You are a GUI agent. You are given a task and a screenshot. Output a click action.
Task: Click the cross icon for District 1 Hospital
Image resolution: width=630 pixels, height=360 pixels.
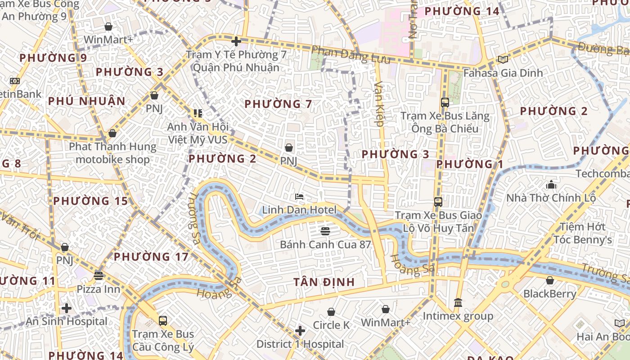click(300, 331)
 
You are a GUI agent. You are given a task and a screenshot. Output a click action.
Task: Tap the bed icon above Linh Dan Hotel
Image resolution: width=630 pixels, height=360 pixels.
click(299, 196)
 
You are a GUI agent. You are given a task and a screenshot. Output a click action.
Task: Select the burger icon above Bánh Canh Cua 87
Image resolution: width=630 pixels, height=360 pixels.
click(325, 231)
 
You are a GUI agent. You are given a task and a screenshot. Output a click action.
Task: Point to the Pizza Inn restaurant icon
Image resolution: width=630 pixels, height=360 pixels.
click(99, 275)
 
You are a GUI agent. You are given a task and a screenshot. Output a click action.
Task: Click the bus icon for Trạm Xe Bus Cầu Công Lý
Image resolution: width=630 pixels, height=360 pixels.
click(163, 321)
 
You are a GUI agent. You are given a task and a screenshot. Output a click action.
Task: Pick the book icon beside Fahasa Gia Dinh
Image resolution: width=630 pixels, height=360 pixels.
click(503, 59)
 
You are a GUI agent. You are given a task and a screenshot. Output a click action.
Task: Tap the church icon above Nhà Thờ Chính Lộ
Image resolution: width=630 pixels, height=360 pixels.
click(551, 184)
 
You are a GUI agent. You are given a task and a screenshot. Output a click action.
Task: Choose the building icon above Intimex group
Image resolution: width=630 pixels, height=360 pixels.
click(458, 302)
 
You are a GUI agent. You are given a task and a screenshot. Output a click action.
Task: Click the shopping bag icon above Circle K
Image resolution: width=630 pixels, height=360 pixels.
click(331, 312)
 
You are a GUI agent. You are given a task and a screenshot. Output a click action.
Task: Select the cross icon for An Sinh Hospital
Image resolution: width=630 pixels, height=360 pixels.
click(67, 308)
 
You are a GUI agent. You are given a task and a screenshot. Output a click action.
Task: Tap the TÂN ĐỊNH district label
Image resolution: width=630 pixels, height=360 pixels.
click(324, 282)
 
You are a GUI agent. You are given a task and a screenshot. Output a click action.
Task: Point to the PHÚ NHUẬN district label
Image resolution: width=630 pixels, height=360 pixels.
click(87, 101)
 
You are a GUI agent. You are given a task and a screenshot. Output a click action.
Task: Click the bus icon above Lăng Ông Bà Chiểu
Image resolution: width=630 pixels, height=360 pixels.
click(445, 103)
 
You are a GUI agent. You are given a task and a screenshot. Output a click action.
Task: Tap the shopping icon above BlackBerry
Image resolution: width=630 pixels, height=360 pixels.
click(549, 281)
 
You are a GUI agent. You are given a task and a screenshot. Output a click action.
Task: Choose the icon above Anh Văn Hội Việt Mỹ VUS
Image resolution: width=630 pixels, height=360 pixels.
click(198, 113)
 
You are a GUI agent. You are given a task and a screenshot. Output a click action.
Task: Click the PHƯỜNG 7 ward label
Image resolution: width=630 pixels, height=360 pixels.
click(278, 104)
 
